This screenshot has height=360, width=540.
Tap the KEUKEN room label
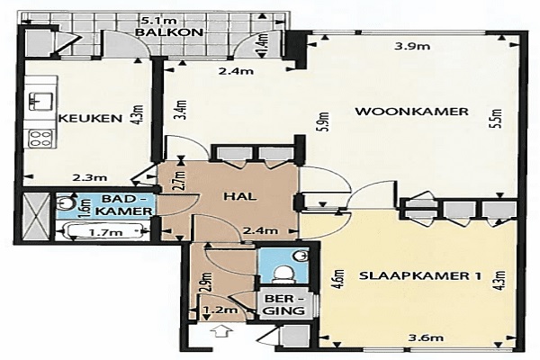click(91, 119)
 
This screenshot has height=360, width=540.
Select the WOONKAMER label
click(411, 112)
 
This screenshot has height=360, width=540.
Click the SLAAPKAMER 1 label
click(420, 276)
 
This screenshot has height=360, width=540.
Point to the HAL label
click(240, 197)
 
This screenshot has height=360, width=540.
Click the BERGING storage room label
click(285, 304)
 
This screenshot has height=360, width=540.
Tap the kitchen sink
click(40, 101)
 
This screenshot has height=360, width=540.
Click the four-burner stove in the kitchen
click(40, 139)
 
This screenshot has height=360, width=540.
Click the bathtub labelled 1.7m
click(105, 231)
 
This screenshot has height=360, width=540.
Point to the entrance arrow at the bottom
click(221, 332)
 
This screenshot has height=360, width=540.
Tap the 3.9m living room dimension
click(412, 46)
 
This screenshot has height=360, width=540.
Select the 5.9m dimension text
click(325, 122)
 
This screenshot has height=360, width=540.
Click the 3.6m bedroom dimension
click(426, 338)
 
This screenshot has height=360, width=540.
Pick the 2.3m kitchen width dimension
click(89, 178)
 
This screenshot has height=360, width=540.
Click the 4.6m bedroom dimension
click(339, 279)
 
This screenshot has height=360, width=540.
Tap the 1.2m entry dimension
click(220, 310)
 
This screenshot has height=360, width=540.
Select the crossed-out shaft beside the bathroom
click(35, 216)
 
